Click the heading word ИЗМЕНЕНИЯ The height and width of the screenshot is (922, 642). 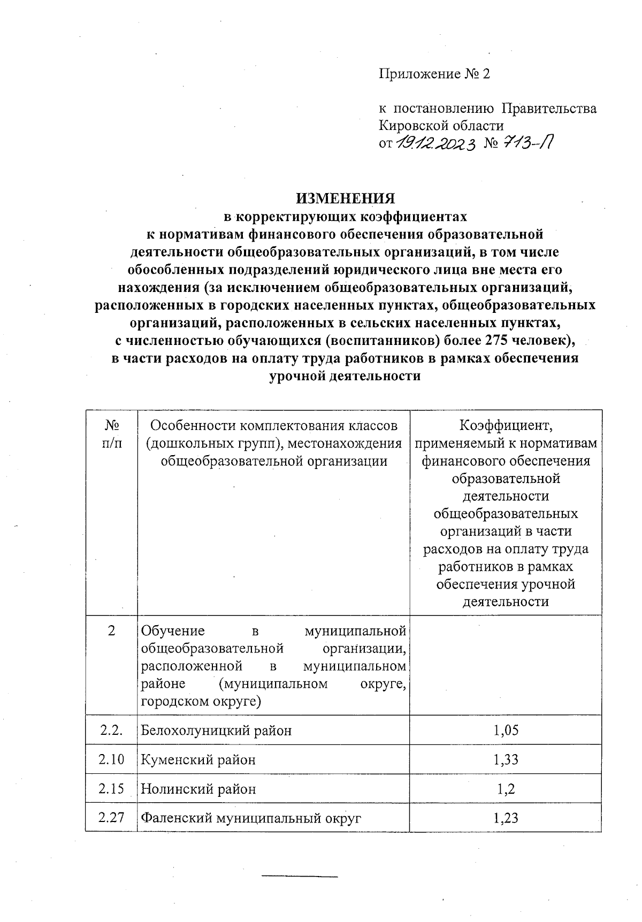(x=346, y=198)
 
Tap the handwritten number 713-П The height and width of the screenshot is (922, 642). (x=527, y=143)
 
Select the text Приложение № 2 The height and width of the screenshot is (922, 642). (x=434, y=74)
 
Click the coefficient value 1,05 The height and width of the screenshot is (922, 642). (x=506, y=730)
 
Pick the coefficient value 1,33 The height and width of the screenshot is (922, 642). (x=506, y=759)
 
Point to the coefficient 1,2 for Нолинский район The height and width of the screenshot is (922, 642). (x=506, y=788)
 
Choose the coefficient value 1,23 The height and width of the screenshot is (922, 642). (x=506, y=818)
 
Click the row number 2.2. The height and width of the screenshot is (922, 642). (x=111, y=730)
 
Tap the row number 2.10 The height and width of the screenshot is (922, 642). (x=111, y=759)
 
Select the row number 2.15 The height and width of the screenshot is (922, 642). (x=111, y=788)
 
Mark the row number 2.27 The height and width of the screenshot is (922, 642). (x=111, y=818)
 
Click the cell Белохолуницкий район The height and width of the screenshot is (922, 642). (x=216, y=731)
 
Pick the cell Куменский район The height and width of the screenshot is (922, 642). (x=198, y=759)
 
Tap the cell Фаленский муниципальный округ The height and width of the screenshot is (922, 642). (x=251, y=818)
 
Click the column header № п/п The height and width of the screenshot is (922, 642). (x=111, y=434)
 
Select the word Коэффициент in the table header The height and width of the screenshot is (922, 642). (x=506, y=426)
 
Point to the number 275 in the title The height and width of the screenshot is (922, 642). (x=496, y=340)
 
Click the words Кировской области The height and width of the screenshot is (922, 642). (x=441, y=126)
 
